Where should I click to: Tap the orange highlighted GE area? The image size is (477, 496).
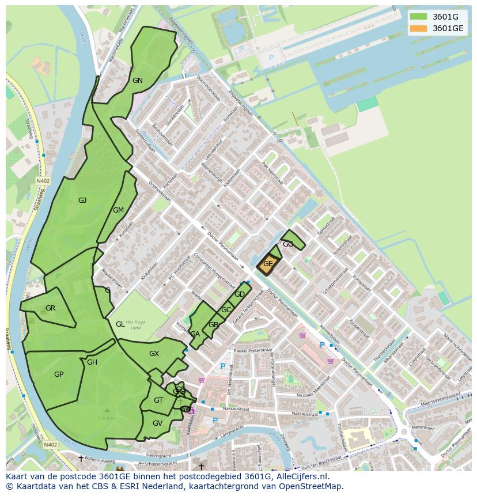click(x=268, y=264)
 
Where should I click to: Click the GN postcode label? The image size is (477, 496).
click(x=137, y=81)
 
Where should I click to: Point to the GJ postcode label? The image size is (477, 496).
click(x=82, y=200)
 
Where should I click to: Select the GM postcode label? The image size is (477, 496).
click(x=118, y=210)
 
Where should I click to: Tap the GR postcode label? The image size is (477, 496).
click(x=50, y=308)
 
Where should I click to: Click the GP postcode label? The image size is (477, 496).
click(x=58, y=374)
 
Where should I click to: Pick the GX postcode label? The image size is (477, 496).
click(x=154, y=354)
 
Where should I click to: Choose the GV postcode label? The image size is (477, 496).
click(x=157, y=423)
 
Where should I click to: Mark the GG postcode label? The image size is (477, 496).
click(x=288, y=244)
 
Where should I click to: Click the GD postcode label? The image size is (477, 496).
click(x=240, y=294)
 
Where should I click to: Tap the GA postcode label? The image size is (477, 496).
click(x=195, y=334)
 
